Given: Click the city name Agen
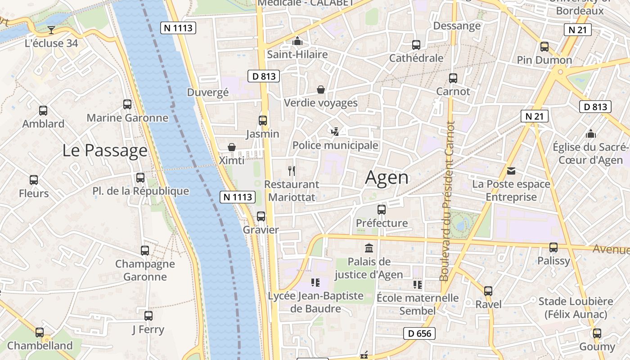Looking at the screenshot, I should [387, 177].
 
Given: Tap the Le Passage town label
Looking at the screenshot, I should [105, 150].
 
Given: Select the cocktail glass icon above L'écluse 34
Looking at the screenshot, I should [51, 30].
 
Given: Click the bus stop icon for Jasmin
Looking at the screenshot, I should [263, 121].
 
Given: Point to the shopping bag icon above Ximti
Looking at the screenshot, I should [232, 147].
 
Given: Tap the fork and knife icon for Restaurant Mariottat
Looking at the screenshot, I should [292, 171].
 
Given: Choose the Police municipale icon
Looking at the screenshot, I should [335, 132].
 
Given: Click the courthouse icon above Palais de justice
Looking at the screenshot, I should [369, 248].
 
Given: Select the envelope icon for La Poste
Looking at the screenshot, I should [511, 171].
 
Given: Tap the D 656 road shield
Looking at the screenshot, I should [419, 333].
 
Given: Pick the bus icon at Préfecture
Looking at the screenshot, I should [382, 210].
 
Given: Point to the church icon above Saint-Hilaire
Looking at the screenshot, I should [297, 41].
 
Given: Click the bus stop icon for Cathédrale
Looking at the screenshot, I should [416, 45].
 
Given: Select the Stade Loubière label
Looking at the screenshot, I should [576, 307].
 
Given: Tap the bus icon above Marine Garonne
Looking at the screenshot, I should [127, 104].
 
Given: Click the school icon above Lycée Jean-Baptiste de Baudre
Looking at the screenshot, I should [315, 283].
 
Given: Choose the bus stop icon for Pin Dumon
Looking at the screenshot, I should [544, 47].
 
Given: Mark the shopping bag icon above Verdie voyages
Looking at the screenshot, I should [321, 90].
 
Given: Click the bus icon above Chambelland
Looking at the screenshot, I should [40, 333].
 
